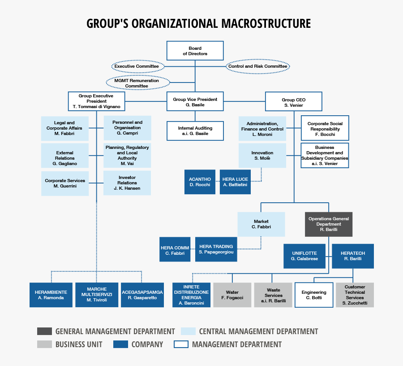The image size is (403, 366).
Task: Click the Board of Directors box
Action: click(x=195, y=51)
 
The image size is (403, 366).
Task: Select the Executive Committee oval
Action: click(x=137, y=66)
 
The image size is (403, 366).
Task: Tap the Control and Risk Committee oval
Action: click(x=257, y=66)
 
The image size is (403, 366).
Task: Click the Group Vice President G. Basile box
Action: click(x=195, y=102)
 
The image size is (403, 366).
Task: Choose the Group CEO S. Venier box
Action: click(x=294, y=102)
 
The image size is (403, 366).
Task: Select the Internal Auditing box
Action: click(x=195, y=131)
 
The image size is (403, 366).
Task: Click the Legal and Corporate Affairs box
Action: click(x=64, y=128)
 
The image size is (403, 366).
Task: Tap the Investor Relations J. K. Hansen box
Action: click(x=127, y=183)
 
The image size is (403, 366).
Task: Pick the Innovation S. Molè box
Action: click(x=262, y=155)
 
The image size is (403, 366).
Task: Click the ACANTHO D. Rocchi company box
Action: click(x=200, y=182)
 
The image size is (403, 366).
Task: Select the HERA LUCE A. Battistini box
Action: click(x=235, y=182)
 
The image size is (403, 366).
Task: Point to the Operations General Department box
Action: click(x=329, y=224)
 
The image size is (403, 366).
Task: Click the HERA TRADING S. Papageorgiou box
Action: click(x=216, y=249)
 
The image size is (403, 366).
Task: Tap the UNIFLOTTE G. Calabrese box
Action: click(x=304, y=256)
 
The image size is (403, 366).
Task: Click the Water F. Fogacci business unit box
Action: click(x=232, y=295)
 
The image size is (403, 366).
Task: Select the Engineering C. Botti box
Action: click(x=313, y=295)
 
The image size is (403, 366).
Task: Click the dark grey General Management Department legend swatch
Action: click(x=44, y=331)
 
